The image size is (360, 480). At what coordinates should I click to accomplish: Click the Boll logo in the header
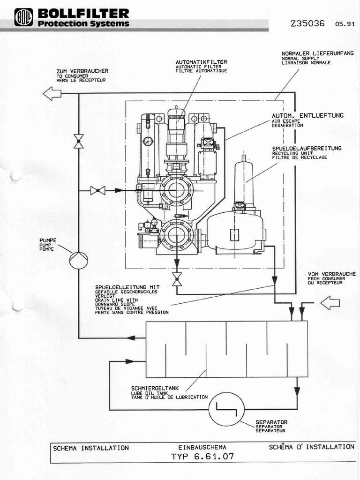coord(23,17)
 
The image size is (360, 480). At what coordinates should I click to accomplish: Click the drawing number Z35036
coord(307,23)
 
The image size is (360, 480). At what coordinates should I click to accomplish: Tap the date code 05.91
coord(345,24)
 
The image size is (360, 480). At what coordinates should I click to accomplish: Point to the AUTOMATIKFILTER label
coord(201,62)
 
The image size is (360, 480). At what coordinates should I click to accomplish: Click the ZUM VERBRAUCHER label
coord(82,71)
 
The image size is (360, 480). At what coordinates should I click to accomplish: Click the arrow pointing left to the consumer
coord(52,94)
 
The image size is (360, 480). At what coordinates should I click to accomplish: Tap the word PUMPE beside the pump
coord(48,240)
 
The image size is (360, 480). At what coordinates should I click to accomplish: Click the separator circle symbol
coord(226,409)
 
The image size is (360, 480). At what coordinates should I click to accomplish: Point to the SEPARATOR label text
coord(271,422)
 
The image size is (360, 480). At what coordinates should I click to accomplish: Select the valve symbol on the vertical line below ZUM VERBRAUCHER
coord(78,141)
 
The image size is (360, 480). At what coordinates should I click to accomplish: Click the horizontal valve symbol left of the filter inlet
coord(98,190)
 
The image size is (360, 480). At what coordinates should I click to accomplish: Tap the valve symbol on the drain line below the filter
coord(177,279)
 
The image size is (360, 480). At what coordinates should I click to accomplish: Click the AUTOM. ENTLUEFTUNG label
coord(307,115)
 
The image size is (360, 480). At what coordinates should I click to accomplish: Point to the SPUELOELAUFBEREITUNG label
coord(307,148)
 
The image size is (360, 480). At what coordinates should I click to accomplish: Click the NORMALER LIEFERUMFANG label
coord(317,53)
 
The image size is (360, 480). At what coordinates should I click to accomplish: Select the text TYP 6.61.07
coord(202,456)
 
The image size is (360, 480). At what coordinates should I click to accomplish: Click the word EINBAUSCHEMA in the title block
coord(202,448)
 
